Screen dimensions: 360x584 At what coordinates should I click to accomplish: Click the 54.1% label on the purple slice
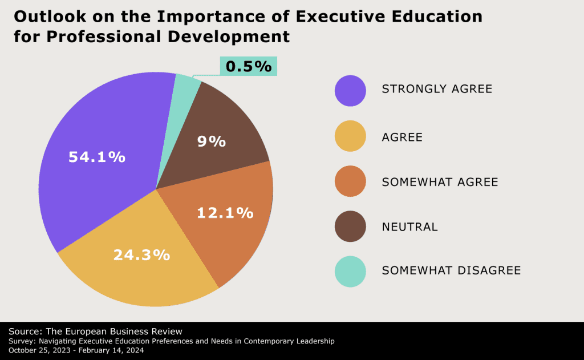(x=97, y=157)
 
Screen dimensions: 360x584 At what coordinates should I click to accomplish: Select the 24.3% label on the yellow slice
(x=141, y=255)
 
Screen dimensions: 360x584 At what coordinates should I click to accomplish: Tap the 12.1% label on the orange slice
(x=225, y=213)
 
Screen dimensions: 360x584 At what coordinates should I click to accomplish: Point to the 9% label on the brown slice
(x=212, y=141)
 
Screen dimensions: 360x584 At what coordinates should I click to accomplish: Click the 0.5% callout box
(x=249, y=67)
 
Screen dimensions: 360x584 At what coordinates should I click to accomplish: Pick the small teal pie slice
(x=185, y=88)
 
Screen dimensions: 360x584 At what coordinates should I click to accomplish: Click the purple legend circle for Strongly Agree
(x=350, y=91)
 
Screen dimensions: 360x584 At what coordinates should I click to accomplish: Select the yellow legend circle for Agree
(x=350, y=136)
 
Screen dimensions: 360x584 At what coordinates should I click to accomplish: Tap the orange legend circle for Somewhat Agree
(x=350, y=181)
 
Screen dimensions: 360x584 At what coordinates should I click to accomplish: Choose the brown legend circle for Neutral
(x=350, y=226)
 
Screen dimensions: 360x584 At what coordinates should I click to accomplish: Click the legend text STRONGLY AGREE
(x=437, y=89)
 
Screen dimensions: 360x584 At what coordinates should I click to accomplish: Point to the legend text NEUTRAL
(x=409, y=227)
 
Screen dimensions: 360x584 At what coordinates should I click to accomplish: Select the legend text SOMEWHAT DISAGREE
(x=451, y=270)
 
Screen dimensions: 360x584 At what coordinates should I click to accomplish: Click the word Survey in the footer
(x=22, y=341)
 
